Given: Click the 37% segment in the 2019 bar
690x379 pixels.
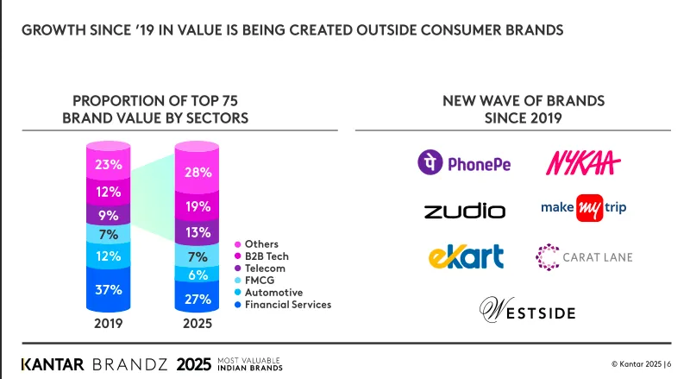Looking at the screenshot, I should click(x=109, y=291).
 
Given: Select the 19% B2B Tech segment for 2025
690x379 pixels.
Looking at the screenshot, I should click(x=198, y=206).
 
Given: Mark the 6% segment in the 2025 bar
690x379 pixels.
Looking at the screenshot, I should click(x=198, y=275).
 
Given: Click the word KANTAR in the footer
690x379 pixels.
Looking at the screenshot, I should click(x=53, y=363).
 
